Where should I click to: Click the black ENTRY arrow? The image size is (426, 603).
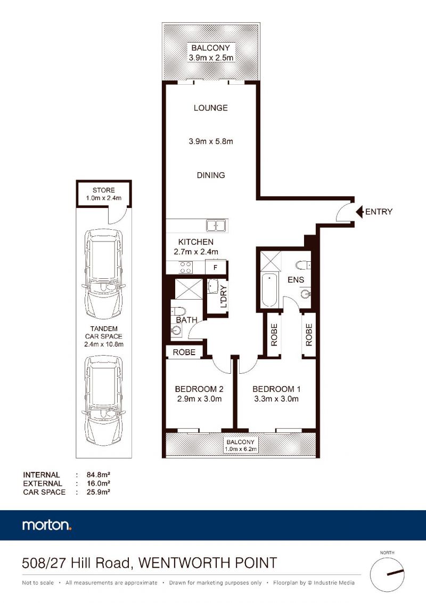pyautogui.click(x=359, y=212)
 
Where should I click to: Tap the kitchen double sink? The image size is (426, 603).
pyautogui.click(x=216, y=226)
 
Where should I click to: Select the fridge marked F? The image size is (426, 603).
pyautogui.click(x=215, y=267)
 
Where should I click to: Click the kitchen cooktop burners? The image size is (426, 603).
pyautogui.click(x=185, y=267)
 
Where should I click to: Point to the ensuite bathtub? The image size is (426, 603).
pyautogui.click(x=269, y=290)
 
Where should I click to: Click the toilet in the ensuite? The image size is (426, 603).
pyautogui.click(x=303, y=265)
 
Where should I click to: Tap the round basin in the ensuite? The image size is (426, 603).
pyautogui.click(x=306, y=294)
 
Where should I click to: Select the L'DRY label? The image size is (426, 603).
pyautogui.click(x=224, y=296)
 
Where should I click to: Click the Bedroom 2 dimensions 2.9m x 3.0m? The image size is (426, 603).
pyautogui.click(x=199, y=399)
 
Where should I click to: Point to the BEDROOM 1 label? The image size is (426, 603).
pyautogui.click(x=276, y=389)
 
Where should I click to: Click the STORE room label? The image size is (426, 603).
pyautogui.click(x=104, y=190)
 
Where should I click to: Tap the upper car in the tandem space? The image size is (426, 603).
pyautogui.click(x=104, y=274)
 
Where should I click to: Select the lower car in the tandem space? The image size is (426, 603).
pyautogui.click(x=104, y=400)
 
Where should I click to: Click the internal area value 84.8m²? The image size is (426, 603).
pyautogui.click(x=99, y=475)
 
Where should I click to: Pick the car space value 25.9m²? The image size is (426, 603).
pyautogui.click(x=99, y=492)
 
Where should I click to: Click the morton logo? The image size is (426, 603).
pyautogui.click(x=47, y=525)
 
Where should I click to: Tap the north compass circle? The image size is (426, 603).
pyautogui.click(x=387, y=575)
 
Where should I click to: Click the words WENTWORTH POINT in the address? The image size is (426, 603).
pyautogui.click(x=208, y=563)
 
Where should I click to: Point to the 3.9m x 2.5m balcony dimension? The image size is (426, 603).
pyautogui.click(x=211, y=58)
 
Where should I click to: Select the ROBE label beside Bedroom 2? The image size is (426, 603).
pyautogui.click(x=184, y=352)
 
